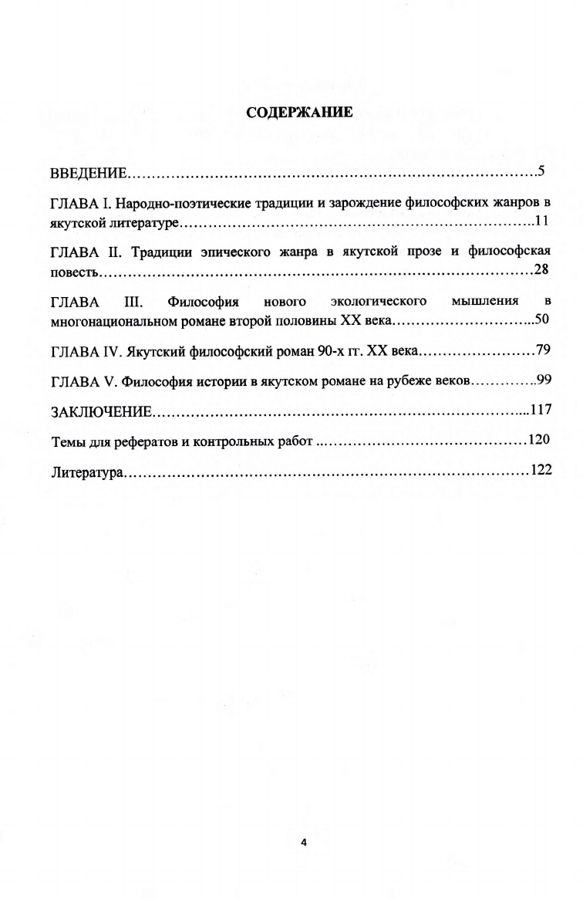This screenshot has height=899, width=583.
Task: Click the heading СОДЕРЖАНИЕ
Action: (299, 113)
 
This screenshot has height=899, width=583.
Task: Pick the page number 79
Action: (543, 351)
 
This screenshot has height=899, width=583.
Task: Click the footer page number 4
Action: (303, 843)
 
